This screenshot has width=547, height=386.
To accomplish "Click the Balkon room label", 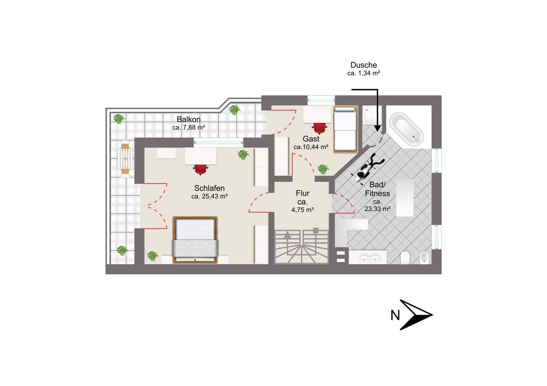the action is coord(188,119).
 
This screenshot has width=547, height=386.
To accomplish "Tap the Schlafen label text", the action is coord(209,188).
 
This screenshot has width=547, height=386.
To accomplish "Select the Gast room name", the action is coord(311,139).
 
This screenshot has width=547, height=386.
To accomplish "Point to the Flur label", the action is coord(303,193).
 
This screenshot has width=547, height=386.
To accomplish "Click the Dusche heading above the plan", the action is coord(364,65).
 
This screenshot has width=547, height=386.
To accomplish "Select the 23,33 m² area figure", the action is coord(377,209).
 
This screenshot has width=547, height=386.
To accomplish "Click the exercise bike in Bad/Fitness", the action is coord(367,168).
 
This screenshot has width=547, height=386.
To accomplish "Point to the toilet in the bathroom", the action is coord(405,258).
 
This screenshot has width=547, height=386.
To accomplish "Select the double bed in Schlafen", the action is coord(195,240).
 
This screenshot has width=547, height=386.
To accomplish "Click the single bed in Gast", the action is coord(345,129).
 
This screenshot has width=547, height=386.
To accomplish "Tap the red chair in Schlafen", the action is coord(201,169).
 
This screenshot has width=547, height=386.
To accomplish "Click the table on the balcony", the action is coord(125,159).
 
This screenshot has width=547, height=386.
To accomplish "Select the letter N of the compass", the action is coord(395,315).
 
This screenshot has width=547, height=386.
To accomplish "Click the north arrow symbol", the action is coord(416,315).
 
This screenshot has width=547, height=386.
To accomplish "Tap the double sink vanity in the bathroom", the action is coord(368,257).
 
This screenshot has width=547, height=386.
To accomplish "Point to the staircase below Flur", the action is coord(301,247).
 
